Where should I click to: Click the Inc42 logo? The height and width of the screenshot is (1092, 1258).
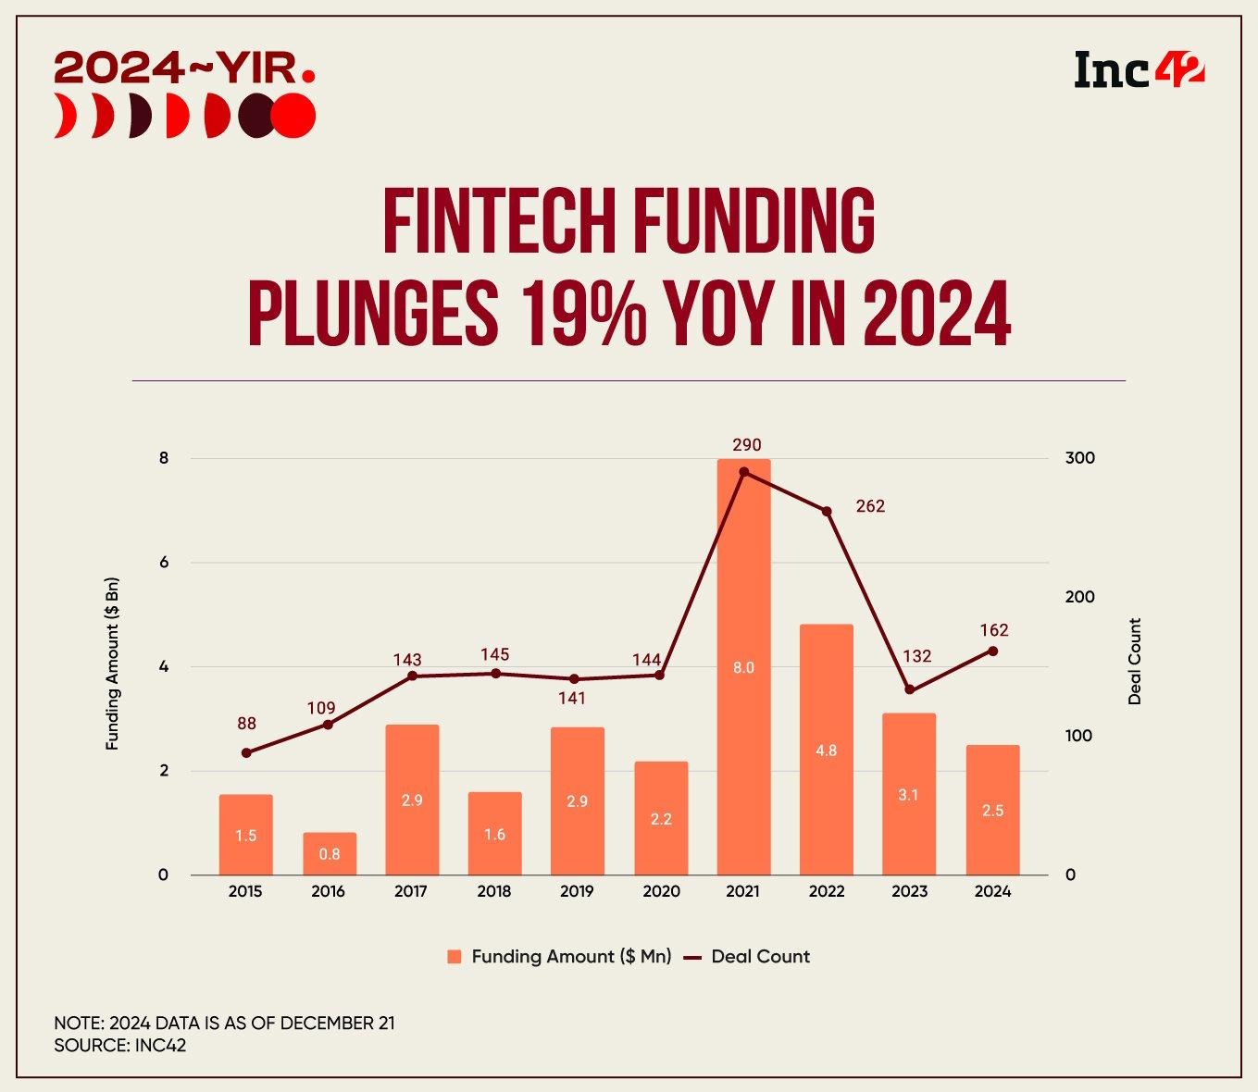(x=1139, y=70)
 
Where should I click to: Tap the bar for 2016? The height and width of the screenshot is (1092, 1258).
(x=330, y=853)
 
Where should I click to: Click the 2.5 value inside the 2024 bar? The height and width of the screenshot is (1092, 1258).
(x=992, y=811)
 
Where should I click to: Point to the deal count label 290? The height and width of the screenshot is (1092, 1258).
(x=746, y=445)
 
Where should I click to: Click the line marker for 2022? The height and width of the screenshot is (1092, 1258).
(x=827, y=512)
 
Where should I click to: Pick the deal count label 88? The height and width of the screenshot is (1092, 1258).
(x=246, y=724)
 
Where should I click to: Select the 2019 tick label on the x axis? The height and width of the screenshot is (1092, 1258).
(x=577, y=891)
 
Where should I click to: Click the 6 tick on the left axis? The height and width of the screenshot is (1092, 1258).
(x=164, y=563)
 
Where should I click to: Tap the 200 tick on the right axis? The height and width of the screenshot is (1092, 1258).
(x=1079, y=597)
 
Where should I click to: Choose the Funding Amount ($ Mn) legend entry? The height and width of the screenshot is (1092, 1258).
(x=560, y=957)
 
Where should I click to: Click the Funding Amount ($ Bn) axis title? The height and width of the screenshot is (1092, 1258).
(x=112, y=664)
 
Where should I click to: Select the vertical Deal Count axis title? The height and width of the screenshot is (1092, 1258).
(x=1135, y=662)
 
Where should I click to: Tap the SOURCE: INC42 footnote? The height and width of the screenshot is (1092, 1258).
(x=120, y=1046)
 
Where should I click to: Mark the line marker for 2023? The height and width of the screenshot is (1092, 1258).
(x=909, y=689)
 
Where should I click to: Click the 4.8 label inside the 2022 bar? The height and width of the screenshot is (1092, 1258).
(x=827, y=751)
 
